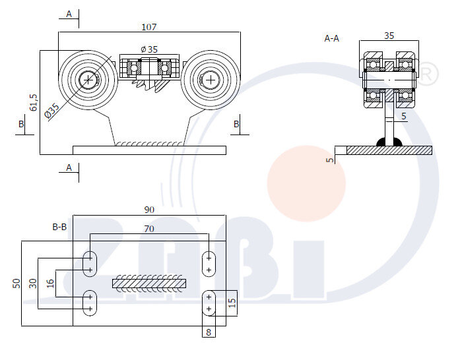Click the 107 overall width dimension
148,27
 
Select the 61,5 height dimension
34,102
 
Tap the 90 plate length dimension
149,210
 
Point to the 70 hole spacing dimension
149,229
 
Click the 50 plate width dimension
16,283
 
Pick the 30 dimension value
32,283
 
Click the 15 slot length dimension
231,303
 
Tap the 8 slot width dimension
209,332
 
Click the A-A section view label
331,38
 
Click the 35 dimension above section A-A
389,36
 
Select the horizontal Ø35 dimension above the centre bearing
149,49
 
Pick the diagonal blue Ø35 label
51,111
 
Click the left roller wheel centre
88,80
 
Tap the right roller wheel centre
210,80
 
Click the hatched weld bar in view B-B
149,284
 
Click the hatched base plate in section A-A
389,150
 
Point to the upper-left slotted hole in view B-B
89,263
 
